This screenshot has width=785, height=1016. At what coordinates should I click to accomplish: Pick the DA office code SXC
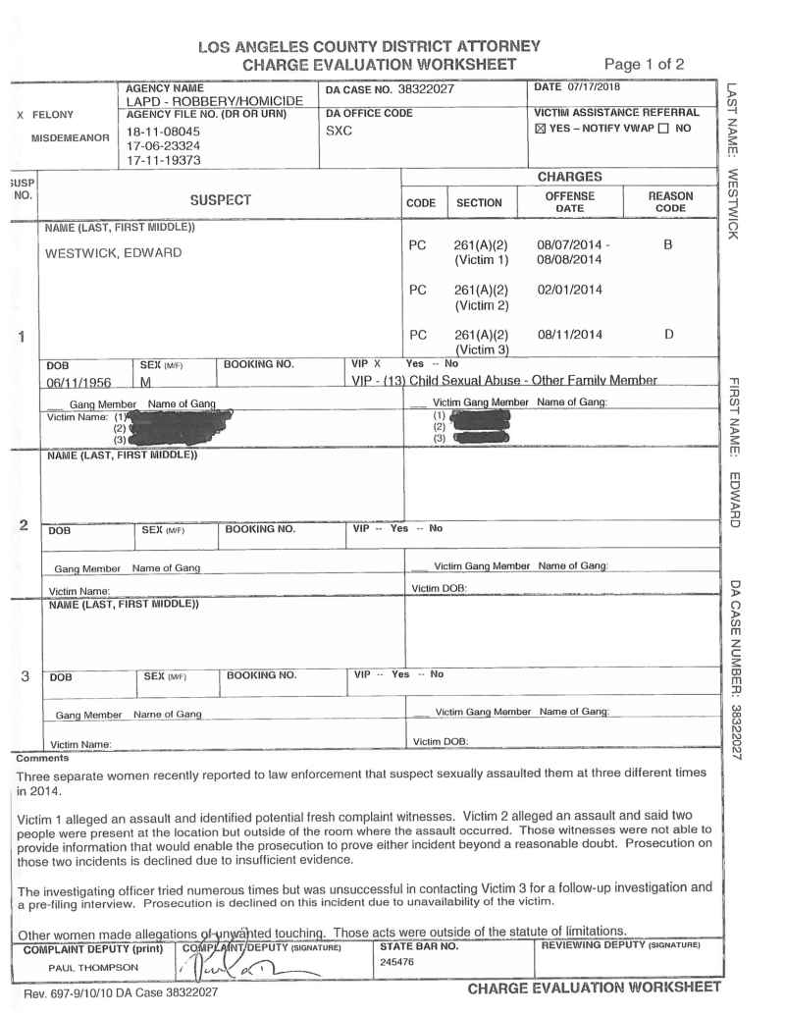pyautogui.click(x=337, y=130)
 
